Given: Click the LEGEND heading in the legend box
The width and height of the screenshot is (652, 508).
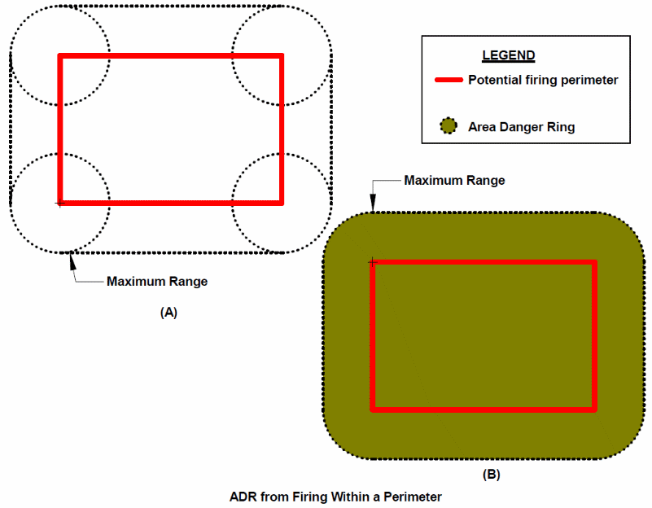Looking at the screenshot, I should tap(509, 56).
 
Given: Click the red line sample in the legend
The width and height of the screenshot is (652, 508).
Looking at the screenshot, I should tap(449, 81).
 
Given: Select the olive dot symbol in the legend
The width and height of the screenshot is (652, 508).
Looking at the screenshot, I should tap(447, 127).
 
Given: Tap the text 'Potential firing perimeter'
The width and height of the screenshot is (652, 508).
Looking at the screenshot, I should tap(543, 80).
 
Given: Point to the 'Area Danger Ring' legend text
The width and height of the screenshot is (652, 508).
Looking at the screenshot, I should tap(521, 127).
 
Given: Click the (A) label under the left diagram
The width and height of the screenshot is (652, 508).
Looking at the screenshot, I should tap(169, 312).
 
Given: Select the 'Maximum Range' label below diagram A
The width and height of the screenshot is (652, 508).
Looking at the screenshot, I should tap(157, 282).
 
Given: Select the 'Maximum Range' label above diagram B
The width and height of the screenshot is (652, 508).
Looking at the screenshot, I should tap(454, 180).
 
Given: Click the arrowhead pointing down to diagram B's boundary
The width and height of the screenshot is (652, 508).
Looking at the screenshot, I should tap(373, 208).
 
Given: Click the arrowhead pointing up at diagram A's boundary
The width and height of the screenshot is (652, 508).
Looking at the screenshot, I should tap(72, 258).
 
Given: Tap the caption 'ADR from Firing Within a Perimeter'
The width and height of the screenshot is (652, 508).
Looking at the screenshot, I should tap(335, 495).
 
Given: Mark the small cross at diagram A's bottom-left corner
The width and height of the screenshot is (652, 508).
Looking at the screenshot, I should tap(59, 203).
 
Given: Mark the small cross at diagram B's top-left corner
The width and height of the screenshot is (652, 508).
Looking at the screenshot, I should tap(372, 261).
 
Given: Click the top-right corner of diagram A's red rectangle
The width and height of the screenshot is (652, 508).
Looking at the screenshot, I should tap(281, 55).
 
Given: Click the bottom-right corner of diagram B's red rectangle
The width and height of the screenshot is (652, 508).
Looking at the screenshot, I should tap(594, 409).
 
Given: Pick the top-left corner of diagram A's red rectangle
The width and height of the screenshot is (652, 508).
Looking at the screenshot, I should tap(59, 55).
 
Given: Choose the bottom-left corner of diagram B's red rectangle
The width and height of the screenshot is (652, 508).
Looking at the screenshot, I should tap(373, 409).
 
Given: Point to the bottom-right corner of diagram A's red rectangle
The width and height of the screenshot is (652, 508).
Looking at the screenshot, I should tap(281, 202).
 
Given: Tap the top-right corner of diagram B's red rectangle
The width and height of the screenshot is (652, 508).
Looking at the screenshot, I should tap(594, 262).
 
